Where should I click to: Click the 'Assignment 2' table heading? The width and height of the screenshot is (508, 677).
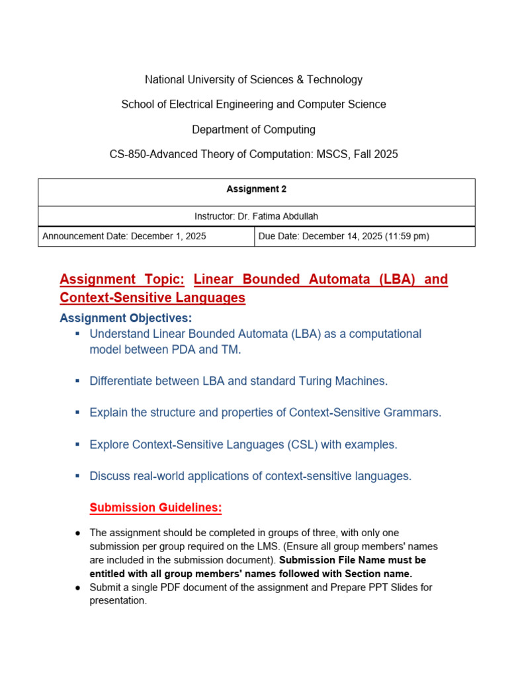256,189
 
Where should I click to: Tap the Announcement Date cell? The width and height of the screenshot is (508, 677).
124,236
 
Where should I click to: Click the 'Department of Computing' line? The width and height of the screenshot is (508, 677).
253,130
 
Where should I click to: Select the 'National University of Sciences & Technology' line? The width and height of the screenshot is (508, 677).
253,79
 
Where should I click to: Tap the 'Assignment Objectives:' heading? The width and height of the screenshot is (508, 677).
126,318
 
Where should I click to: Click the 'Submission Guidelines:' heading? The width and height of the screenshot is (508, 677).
155,508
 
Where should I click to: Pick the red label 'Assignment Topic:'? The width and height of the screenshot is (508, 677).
122,280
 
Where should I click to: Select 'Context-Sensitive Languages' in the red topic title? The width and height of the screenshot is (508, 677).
152,298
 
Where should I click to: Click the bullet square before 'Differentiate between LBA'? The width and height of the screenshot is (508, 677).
77,381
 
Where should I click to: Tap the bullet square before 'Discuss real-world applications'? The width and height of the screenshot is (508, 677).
77,475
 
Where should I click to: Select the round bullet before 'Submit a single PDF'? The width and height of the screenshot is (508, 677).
77,587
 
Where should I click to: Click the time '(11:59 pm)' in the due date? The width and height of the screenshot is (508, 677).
406,236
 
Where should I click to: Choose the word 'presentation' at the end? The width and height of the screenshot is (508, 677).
117,600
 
